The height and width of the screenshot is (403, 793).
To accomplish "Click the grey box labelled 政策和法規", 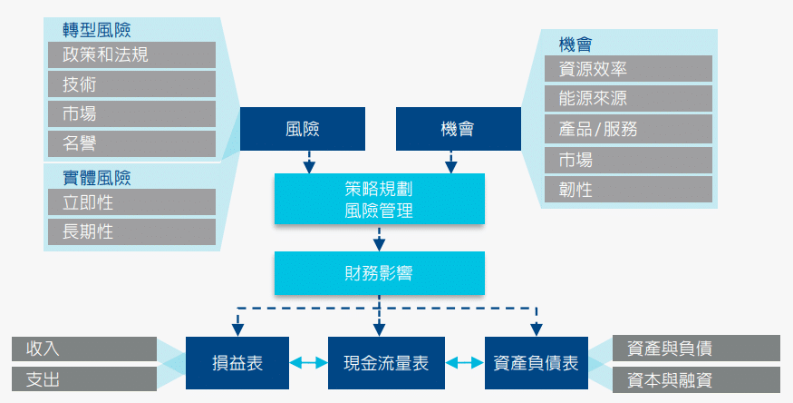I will click(131, 54).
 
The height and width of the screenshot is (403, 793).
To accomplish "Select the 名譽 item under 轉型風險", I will click(131, 143).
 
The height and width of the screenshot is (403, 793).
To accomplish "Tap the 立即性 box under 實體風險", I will click(131, 201).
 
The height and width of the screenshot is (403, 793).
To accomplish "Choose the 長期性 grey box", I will click(131, 231).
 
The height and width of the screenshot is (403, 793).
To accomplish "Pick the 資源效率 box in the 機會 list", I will click(628, 69).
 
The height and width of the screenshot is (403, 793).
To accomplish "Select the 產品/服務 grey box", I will click(628, 129).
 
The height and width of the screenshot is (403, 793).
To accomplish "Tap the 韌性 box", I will click(628, 189).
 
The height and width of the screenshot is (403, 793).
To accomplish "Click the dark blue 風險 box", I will click(302, 129).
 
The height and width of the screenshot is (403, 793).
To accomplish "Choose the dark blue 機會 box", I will click(458, 129).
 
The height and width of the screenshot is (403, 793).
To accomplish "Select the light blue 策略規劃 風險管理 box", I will click(379, 199).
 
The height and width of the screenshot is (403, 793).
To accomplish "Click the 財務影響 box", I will click(379, 272).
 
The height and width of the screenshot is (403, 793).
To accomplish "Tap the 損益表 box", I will click(237, 362).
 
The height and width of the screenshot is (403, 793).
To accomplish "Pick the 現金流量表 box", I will click(379, 362).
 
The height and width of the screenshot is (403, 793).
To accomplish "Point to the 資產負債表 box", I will click(536, 362).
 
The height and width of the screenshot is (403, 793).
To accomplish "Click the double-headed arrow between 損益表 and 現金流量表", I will click(308, 362).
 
